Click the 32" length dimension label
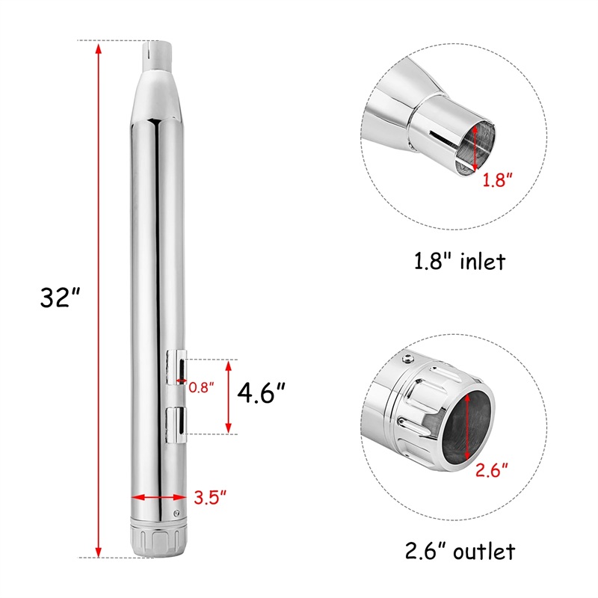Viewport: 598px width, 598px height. click(x=60, y=297)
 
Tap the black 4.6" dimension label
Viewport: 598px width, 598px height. click(x=261, y=393)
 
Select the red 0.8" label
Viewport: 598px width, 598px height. click(x=201, y=387)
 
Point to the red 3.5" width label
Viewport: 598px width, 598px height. click(x=210, y=497)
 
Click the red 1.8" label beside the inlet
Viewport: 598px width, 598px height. click(x=497, y=179)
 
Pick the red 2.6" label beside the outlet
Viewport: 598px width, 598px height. click(x=492, y=470)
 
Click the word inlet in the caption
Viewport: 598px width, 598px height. click(x=483, y=262)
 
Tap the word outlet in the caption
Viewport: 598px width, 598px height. click(x=484, y=552)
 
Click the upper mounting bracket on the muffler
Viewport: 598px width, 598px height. click(x=176, y=367)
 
